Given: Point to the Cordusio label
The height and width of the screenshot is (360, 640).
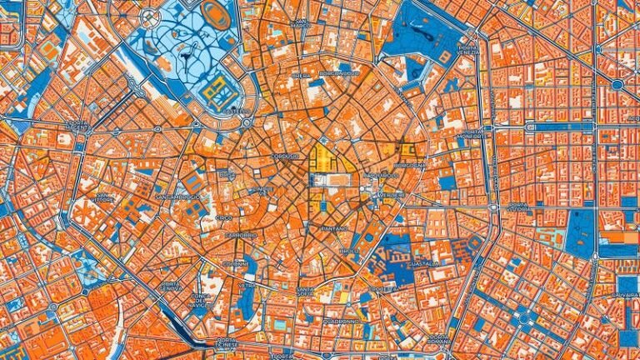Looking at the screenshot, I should coord(284,156).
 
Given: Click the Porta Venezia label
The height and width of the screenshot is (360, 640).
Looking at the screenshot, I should coord(468,52).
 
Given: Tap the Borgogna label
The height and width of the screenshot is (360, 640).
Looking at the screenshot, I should coord(409,165).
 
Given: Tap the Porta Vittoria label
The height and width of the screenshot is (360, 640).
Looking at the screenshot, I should coord(518,206).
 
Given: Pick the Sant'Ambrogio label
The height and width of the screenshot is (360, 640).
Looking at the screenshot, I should coord(177,197).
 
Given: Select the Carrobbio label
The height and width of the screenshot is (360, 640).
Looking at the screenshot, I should coord(241,235).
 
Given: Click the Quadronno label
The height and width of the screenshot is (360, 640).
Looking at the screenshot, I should coord(342,320).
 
